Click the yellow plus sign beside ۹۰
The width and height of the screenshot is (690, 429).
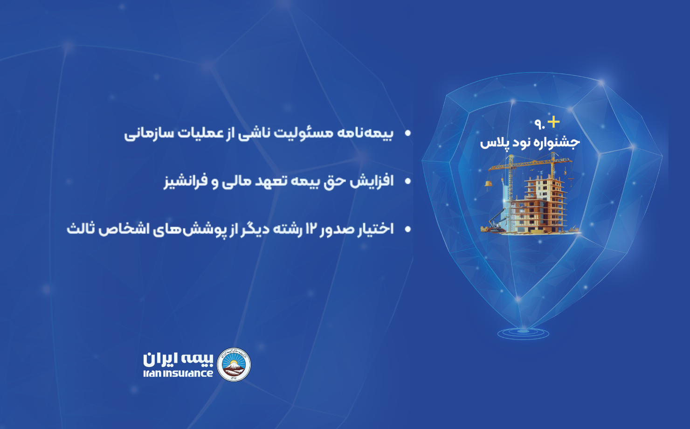[x=553, y=122]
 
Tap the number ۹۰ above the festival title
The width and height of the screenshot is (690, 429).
[x=539, y=124]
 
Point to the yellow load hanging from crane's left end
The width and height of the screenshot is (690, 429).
[x=489, y=184]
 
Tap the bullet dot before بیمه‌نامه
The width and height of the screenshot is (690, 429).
[x=408, y=133]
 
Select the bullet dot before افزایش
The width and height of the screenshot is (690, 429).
[x=408, y=181]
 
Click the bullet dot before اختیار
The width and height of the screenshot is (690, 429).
[x=408, y=229]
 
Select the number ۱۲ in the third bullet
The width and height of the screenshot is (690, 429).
[x=311, y=229]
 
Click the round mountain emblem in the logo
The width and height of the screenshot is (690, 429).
[x=234, y=365]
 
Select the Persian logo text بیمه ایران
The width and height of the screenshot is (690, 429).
[x=178, y=359]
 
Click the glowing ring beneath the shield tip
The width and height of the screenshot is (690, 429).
[x=523, y=333]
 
